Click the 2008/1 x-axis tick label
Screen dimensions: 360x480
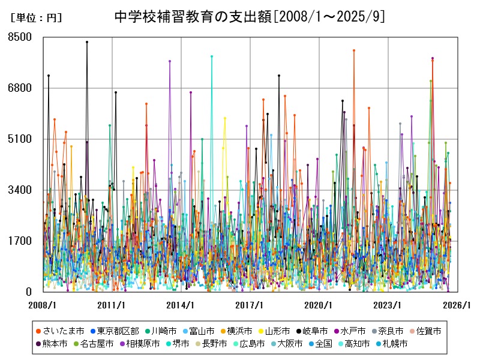pos(43,305)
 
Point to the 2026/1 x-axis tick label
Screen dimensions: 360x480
pos(457,305)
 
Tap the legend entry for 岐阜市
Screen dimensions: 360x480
pos(311,331)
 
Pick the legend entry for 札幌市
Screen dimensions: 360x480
pos(394,344)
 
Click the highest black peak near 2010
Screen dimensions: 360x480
pos(87,42)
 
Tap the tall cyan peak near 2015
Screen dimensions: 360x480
pos(212,56)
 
